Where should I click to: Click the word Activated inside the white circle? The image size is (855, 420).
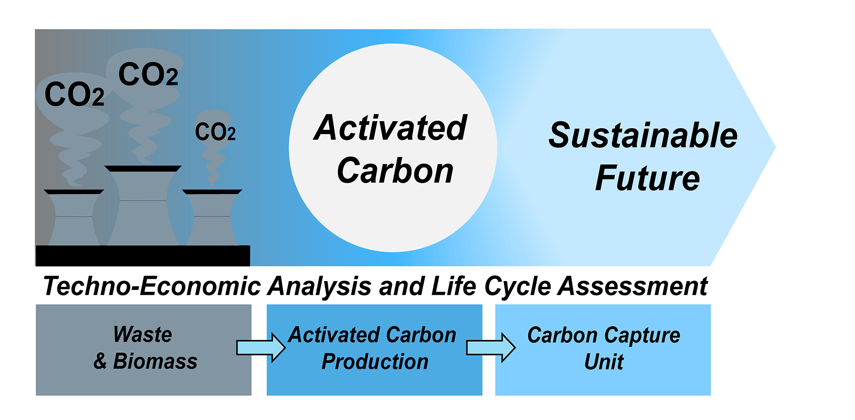[390, 128]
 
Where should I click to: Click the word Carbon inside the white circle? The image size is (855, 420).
[395, 171]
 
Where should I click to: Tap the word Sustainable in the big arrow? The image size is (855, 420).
[643, 135]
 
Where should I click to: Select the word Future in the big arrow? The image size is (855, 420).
[647, 178]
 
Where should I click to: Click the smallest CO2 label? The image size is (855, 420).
[215, 132]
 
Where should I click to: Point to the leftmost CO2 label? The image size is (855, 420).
[75, 95]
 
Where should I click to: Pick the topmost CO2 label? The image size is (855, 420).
[148, 75]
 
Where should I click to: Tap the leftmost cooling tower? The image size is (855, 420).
[74, 219]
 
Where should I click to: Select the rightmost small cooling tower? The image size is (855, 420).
[212, 219]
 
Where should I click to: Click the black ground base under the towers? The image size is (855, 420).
[143, 256]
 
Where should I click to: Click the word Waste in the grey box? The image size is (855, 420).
[142, 335]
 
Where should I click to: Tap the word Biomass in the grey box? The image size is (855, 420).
[155, 361]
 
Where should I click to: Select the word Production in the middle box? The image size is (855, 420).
[375, 361]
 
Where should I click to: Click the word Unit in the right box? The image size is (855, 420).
[604, 361]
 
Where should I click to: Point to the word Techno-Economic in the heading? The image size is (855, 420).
[152, 286]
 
